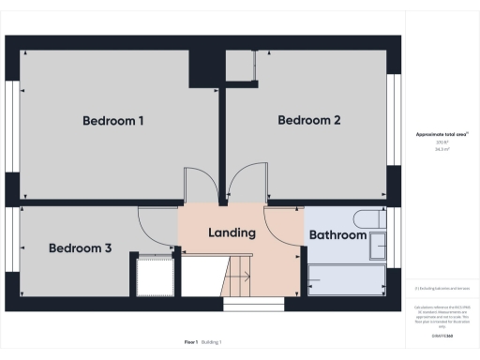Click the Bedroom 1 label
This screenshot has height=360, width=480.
coord(112,121)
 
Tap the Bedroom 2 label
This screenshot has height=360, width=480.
coord(308,121)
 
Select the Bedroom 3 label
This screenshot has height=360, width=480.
coord(81,248)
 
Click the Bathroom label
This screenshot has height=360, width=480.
coord(337,235)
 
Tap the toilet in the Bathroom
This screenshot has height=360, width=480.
coord(373,219)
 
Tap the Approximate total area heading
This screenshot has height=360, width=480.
coord(442,135)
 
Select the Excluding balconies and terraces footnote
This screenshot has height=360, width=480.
coord(442,288)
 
